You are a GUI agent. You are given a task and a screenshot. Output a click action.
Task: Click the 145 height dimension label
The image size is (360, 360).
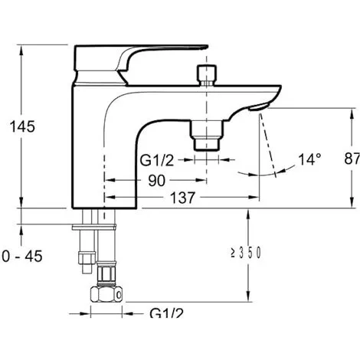pyautogui.click(x=22, y=126)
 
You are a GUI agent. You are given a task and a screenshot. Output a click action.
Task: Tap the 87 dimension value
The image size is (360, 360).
pyautogui.click(x=352, y=159)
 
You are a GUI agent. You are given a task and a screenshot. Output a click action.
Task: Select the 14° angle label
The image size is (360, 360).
pyautogui.click(x=309, y=159)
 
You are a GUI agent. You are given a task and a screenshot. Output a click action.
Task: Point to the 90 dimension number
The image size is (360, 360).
pyautogui.click(x=157, y=181)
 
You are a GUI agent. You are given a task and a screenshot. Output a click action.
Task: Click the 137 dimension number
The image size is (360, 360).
pyautogui.click(x=182, y=198)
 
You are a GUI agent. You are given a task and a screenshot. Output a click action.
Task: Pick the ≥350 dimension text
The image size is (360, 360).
pyautogui.click(x=246, y=253)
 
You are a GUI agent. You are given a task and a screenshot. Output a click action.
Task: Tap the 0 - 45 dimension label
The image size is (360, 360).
pyautogui.click(x=22, y=256)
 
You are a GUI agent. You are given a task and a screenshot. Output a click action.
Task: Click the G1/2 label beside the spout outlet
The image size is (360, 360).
pyautogui.click(x=157, y=161)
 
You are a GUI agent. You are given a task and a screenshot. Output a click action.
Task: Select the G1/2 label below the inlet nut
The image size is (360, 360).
pyautogui.click(x=166, y=313)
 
